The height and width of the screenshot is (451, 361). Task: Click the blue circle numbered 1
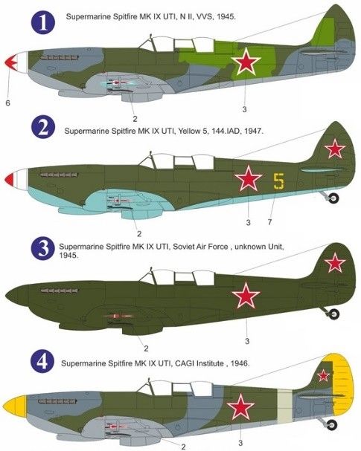(x=42, y=23)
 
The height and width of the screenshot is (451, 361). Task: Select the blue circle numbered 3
(x=42, y=248)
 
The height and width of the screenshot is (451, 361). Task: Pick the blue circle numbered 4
(x=42, y=361)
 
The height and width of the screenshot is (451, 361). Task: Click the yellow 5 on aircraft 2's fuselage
(x=278, y=181)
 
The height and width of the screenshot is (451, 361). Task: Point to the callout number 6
(x=7, y=103)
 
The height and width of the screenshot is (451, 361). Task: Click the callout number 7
(x=269, y=221)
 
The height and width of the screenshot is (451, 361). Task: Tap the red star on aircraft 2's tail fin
(x=335, y=149)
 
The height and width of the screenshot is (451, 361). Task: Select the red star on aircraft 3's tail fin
(x=335, y=262)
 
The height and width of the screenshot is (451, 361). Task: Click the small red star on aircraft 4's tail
(x=323, y=375)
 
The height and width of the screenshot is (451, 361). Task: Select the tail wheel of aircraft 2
(x=334, y=198)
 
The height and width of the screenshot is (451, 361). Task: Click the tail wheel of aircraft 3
(x=333, y=314)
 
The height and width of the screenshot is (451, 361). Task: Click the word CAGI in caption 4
(x=184, y=363)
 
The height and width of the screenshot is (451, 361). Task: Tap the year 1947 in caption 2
(x=253, y=132)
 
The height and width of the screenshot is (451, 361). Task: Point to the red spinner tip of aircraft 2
(x=9, y=179)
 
